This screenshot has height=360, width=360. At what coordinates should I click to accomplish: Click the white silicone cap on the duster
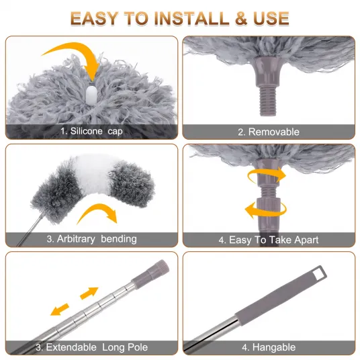point(91,95)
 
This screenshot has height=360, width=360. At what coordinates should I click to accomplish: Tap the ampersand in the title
point(241,18)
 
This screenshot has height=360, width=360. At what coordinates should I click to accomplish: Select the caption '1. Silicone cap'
point(91,131)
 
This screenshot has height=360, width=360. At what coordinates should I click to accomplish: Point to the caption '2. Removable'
point(269,132)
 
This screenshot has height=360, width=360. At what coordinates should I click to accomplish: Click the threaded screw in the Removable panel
point(268,100)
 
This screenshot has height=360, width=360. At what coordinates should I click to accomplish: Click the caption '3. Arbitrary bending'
point(91,239)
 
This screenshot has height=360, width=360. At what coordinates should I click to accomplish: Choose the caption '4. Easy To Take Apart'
point(269,240)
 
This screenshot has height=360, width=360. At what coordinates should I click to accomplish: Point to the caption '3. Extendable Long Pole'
point(91,347)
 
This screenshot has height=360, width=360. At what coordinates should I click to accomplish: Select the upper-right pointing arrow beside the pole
point(89,293)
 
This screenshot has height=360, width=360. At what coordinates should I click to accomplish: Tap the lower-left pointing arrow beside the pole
point(60,309)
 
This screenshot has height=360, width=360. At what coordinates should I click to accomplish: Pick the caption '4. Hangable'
point(269,347)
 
